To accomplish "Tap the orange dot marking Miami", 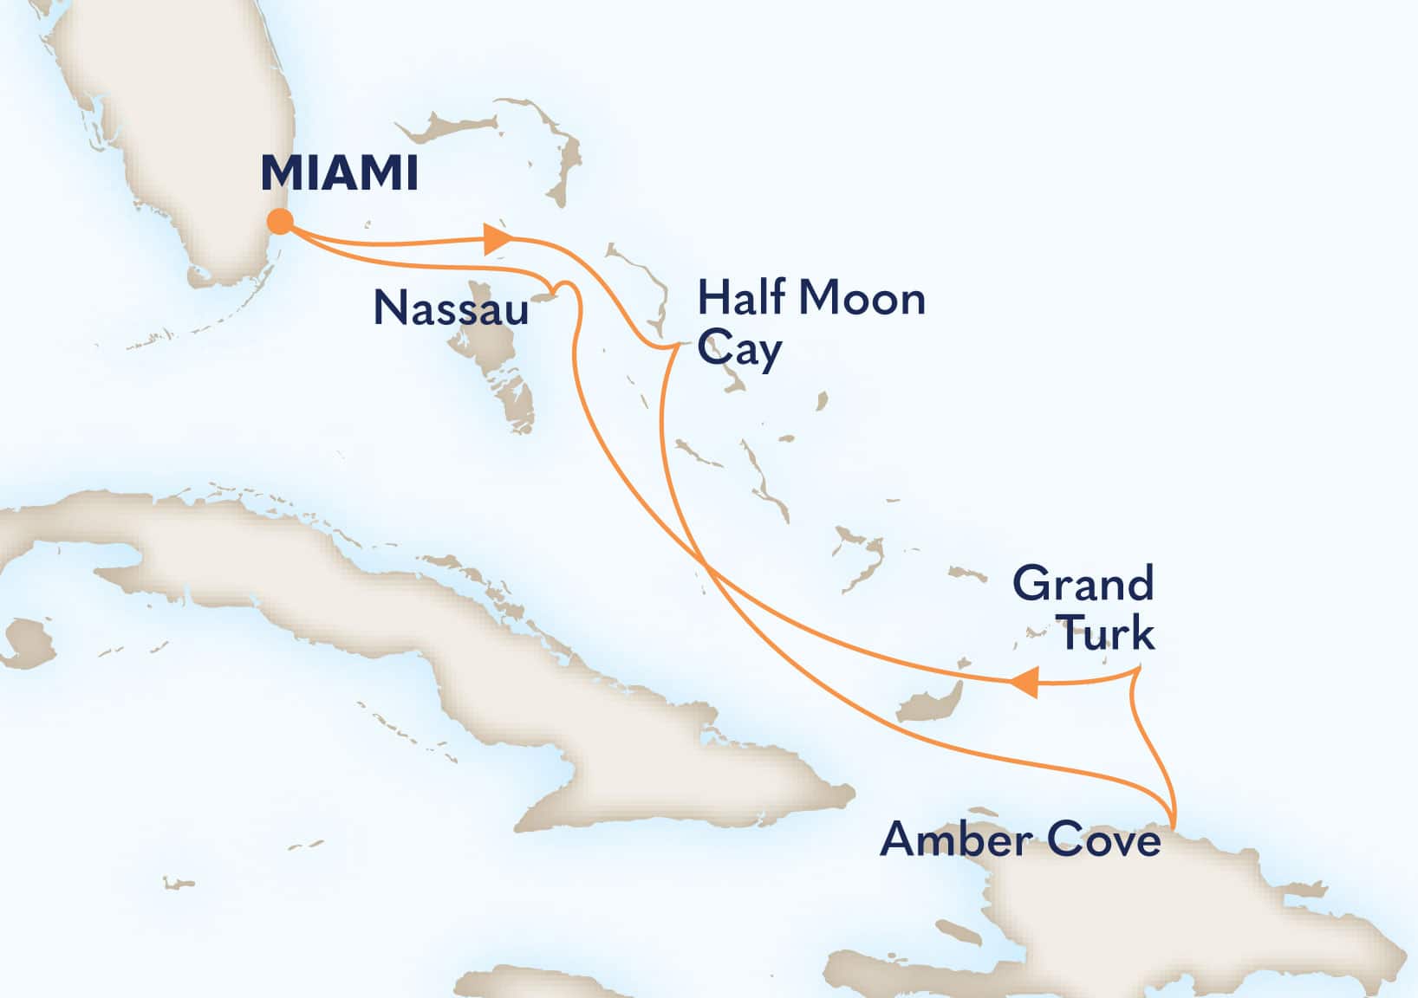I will (279, 223).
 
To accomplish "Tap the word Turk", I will (1107, 633).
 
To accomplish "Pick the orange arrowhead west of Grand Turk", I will (1024, 682).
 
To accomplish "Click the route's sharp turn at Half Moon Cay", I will (676, 347).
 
